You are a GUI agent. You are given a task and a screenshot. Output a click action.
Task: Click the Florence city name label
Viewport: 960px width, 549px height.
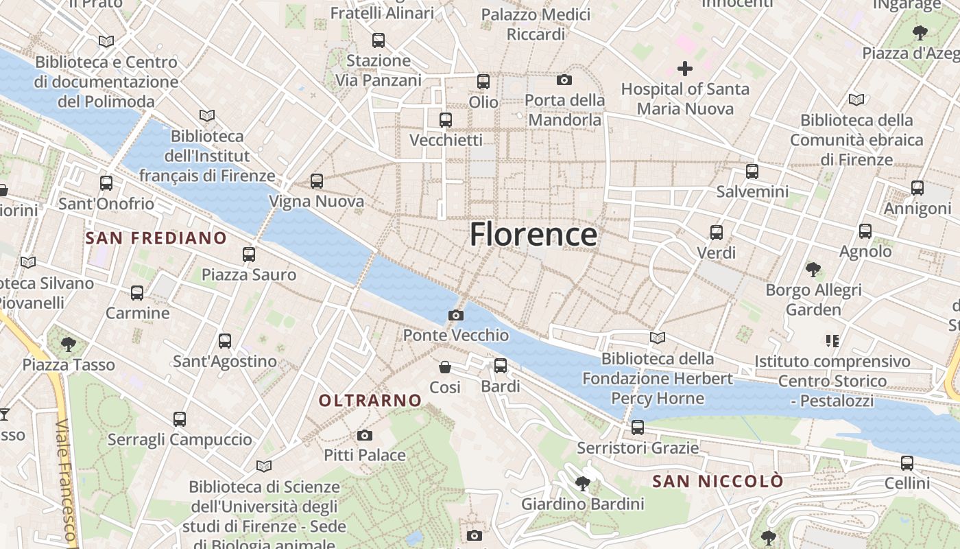tap(533, 235)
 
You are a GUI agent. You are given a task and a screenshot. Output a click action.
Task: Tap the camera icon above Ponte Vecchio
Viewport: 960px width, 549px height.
tap(455, 315)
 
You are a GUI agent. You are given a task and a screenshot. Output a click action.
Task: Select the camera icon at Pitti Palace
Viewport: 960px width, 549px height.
tap(365, 435)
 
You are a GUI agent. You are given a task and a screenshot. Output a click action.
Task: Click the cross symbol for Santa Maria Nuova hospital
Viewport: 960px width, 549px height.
tap(684, 69)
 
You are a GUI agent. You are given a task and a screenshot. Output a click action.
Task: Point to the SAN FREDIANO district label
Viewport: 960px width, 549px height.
tap(156, 238)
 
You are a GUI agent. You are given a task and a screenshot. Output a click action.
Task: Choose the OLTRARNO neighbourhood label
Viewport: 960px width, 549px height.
tap(370, 400)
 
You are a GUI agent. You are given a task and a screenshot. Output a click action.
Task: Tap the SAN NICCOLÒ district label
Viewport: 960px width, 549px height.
tap(717, 481)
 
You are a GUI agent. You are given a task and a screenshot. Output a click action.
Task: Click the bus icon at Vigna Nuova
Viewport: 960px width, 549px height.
tap(316, 181)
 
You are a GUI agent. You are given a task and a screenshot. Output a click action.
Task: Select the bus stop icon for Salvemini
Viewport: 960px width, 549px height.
tap(752, 172)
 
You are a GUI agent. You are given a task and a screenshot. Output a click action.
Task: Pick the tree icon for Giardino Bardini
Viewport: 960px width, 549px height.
tap(583, 484)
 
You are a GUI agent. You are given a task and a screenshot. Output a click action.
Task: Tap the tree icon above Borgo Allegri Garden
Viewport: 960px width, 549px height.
tap(813, 269)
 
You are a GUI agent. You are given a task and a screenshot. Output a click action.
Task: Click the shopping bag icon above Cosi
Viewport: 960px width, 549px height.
tap(445, 367)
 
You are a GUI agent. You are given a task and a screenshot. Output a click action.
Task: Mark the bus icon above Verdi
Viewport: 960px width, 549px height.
tap(717, 233)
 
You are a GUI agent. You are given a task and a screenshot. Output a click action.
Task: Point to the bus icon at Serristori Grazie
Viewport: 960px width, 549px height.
tap(638, 428)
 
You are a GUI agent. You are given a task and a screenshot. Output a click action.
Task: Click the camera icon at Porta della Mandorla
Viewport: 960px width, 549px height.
tap(564, 80)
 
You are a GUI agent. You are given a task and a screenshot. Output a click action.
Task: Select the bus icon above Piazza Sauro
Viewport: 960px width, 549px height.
tap(249, 255)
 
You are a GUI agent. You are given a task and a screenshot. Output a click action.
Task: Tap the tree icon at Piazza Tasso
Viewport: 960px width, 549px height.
tap(68, 344)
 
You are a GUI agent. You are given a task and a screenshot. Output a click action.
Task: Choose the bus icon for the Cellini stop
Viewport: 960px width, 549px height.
tap(907, 463)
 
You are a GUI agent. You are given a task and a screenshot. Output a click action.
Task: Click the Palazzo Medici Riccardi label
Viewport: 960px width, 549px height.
tap(536, 24)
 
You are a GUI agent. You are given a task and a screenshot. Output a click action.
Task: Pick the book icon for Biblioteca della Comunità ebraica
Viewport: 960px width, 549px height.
tap(856, 100)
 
